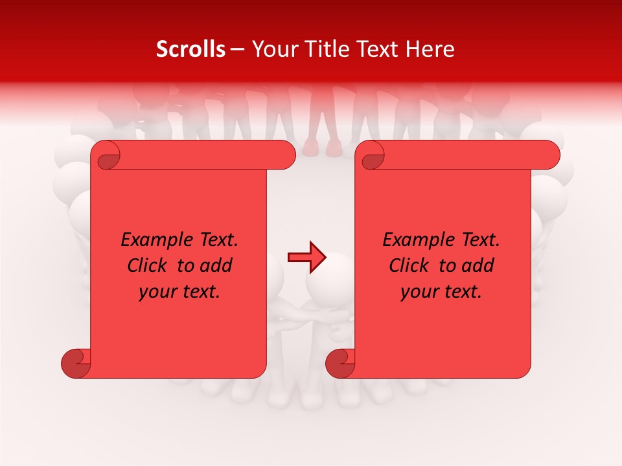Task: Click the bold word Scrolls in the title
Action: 190,49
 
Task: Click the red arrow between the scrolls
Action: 306,258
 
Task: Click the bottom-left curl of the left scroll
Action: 76,363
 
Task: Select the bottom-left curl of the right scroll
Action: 340,363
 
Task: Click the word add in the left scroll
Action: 217,265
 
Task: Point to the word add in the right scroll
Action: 479,265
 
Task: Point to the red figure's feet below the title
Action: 322,147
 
